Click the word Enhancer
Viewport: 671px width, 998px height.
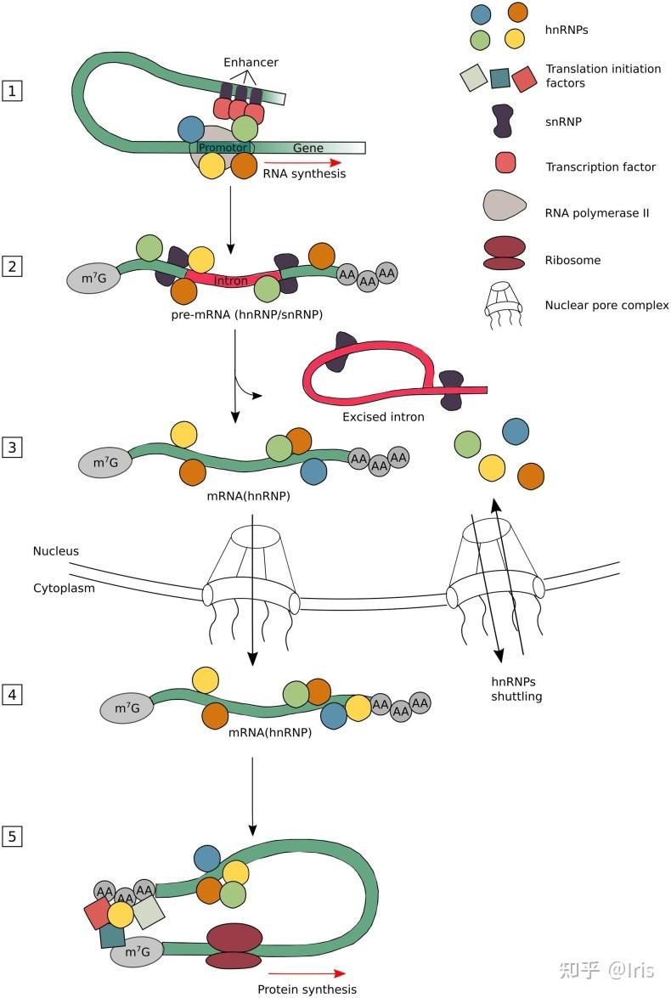pos(251,62)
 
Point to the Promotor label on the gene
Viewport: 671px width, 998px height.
pos(222,148)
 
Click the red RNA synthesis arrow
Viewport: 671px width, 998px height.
pos(302,162)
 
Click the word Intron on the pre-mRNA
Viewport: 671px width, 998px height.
pos(231,280)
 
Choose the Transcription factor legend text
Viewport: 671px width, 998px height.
pos(601,167)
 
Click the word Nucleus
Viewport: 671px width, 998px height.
pos(56,551)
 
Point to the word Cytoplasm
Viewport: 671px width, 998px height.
pos(63,587)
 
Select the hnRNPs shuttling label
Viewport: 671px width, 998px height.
pos(516,689)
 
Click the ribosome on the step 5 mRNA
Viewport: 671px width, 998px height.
pos(234,946)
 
